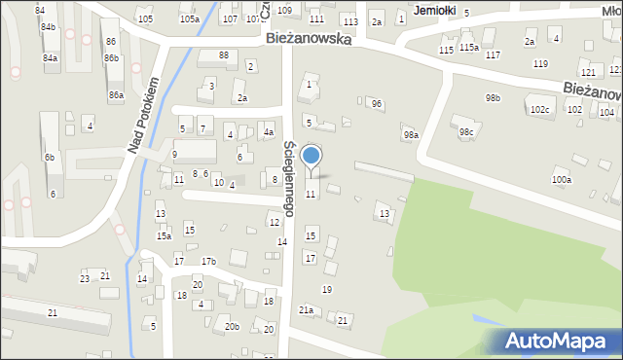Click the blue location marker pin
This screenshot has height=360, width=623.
311,156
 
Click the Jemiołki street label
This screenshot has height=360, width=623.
434,10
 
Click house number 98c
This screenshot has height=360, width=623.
466,131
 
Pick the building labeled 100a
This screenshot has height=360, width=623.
562,179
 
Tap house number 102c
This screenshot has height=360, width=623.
539,110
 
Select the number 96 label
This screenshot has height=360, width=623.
376,103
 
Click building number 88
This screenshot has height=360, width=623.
223,54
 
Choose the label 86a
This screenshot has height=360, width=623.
116,94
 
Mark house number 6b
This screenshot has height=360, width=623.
49,157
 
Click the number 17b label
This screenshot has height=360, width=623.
208,261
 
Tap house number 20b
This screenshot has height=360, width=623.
232,326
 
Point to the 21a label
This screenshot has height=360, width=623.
306,309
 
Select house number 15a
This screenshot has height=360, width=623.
165,235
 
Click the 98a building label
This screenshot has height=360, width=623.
412,135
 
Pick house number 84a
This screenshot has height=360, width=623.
50,58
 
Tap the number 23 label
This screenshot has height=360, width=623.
85,278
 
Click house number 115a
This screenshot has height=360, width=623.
469,47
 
